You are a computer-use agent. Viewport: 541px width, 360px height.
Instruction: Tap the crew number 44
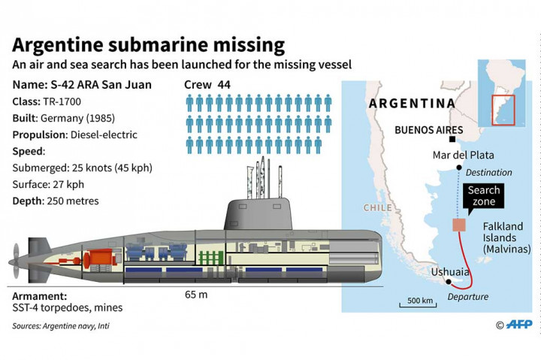[223, 84]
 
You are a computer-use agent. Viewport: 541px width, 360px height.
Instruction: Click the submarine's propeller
[17, 253]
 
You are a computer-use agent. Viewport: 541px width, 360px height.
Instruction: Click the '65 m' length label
[196, 294]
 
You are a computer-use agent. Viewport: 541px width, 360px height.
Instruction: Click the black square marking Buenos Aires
[452, 140]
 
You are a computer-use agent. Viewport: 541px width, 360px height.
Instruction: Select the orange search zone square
[458, 225]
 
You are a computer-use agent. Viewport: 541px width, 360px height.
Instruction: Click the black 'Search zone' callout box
[483, 196]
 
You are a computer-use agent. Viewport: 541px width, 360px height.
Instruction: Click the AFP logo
[519, 325]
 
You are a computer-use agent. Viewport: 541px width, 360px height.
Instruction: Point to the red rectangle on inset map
[503, 110]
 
